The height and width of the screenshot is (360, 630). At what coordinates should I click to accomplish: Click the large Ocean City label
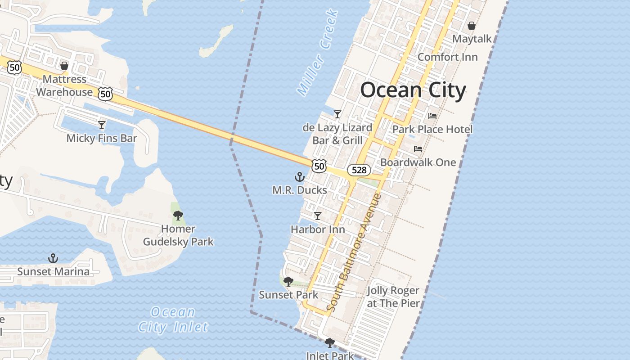pos(413,90)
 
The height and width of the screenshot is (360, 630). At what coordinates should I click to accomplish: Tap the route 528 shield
pos(359,170)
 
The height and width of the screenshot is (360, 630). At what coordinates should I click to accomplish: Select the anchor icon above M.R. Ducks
pos(299,177)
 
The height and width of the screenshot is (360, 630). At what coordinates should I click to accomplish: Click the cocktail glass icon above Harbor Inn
pos(318,216)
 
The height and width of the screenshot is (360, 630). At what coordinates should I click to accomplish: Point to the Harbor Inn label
pos(318,229)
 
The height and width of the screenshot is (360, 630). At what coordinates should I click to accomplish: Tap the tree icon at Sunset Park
pos(288,282)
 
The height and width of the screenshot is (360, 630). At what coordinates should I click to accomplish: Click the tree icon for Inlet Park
pos(329,343)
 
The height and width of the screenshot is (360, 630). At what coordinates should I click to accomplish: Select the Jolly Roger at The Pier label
pos(393,297)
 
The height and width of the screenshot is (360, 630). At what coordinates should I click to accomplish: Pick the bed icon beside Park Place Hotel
pos(432,116)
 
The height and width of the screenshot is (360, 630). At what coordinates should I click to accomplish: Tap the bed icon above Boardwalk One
pos(418,149)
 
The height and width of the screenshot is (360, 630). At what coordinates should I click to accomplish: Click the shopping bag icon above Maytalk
pos(471,26)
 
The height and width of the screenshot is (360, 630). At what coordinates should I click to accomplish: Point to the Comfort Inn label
pos(447,57)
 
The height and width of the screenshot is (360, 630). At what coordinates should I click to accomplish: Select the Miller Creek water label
pos(317,53)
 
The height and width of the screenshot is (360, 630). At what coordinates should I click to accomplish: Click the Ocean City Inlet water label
pos(173,319)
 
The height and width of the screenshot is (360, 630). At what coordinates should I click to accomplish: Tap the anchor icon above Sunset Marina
pos(53,258)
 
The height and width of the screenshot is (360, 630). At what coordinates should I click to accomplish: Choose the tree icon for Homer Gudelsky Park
pos(178,216)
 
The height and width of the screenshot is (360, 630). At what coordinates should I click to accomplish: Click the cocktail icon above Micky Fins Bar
pos(102,125)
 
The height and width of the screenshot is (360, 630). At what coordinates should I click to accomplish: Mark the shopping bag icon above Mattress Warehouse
pos(64,66)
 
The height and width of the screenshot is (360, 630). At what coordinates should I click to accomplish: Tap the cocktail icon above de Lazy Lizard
pos(337,114)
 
